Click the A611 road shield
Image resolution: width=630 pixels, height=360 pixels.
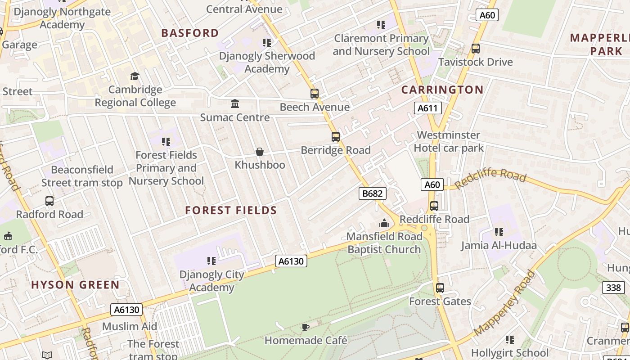(x=427, y=108)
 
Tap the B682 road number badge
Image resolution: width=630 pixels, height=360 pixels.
(x=373, y=193)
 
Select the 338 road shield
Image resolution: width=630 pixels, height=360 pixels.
(x=613, y=288)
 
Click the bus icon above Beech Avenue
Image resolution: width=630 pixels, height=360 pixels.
(x=315, y=94)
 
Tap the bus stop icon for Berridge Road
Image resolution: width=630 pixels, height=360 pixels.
(x=336, y=137)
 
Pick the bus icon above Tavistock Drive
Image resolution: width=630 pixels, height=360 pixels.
(x=476, y=49)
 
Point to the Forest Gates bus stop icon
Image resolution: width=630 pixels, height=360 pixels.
(x=440, y=288)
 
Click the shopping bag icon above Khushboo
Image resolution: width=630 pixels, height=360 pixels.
(x=260, y=152)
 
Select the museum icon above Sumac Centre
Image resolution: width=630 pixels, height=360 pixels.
(x=235, y=104)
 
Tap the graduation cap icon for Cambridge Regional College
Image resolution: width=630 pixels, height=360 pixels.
(x=135, y=76)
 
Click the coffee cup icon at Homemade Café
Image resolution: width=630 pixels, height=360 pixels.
(x=306, y=327)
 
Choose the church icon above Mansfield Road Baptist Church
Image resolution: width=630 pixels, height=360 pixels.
(x=384, y=223)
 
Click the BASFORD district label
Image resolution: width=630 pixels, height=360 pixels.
(x=190, y=33)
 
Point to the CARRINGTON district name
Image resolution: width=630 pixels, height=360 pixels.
(x=442, y=90)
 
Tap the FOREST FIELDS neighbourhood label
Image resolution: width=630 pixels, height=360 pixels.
(x=231, y=210)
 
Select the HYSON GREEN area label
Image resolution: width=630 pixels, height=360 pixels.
(x=75, y=284)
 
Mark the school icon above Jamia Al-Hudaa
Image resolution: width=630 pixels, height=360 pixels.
(x=499, y=232)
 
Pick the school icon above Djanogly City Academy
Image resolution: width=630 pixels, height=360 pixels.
(x=211, y=261)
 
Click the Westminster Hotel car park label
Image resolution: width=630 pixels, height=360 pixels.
(x=448, y=141)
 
